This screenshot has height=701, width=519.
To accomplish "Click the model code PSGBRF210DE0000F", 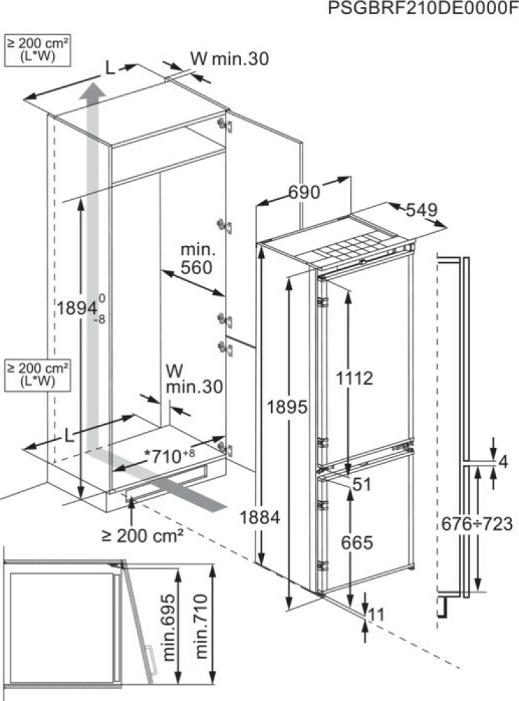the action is [x=422, y=8].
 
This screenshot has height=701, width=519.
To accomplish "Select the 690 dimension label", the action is [x=304, y=192].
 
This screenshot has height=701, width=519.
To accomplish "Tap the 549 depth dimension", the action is [x=421, y=210].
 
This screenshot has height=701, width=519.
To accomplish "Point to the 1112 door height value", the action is [x=354, y=379].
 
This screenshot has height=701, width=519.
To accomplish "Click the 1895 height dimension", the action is [x=287, y=407].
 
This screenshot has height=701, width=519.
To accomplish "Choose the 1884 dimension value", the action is [x=260, y=517].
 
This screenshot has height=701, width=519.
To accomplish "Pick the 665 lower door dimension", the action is [x=357, y=543].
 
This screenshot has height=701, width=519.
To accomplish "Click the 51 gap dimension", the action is [x=362, y=484].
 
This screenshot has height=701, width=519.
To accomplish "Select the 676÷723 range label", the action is [x=477, y=524].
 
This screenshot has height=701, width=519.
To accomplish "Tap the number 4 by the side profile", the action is [x=504, y=461].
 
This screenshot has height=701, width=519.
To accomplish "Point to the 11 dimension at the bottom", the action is [x=375, y=615].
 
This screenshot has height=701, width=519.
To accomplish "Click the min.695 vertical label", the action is [x=168, y=627].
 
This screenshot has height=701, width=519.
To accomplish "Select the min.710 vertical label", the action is [x=201, y=626].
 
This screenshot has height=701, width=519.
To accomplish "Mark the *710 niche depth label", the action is [x=169, y=456].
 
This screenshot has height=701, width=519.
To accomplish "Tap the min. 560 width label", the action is [x=197, y=259].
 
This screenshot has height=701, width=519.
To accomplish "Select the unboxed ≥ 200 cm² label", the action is [x=142, y=535].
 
